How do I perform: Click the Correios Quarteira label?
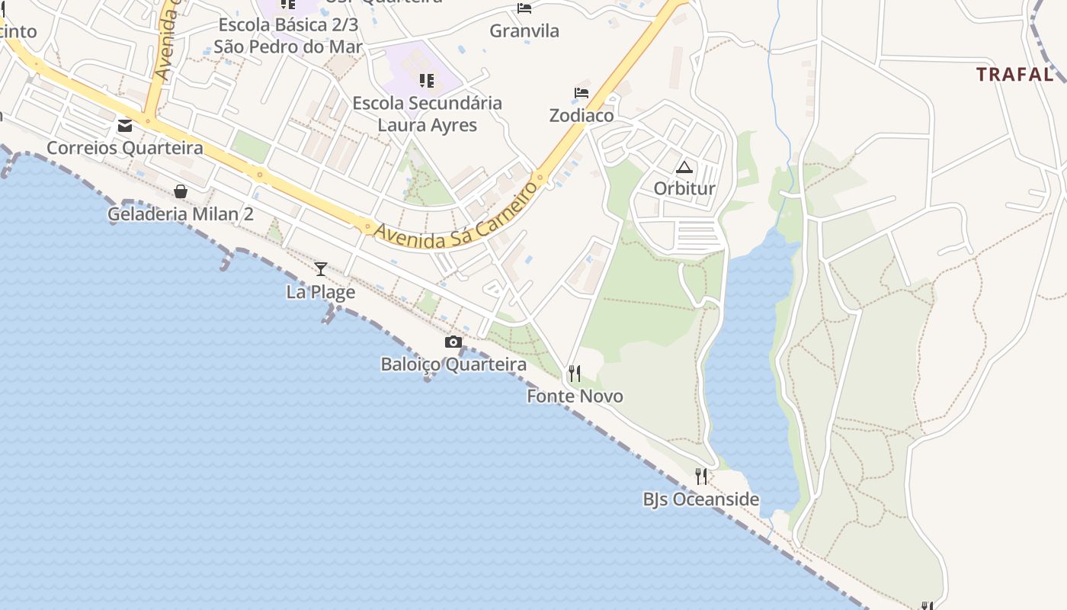pyautogui.click(x=125, y=147)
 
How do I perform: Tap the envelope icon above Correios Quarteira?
pyautogui.click(x=125, y=126)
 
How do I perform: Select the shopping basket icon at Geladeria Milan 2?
pyautogui.click(x=181, y=191)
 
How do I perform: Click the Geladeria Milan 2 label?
pyautogui.click(x=181, y=213)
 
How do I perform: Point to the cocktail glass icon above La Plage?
pyautogui.click(x=321, y=269)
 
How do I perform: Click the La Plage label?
pyautogui.click(x=321, y=291)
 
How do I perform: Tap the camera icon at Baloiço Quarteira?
pyautogui.click(x=453, y=342)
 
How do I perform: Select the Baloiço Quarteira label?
pyautogui.click(x=453, y=364)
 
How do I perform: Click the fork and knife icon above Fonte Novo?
pyautogui.click(x=575, y=374)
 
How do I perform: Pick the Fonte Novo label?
pyautogui.click(x=575, y=396)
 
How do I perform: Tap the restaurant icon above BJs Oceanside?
pyautogui.click(x=701, y=477)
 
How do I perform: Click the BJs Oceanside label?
pyautogui.click(x=701, y=499)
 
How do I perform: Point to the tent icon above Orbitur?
pyautogui.click(x=684, y=167)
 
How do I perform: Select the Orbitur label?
pyautogui.click(x=684, y=188)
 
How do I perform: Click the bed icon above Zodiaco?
pyautogui.click(x=582, y=93)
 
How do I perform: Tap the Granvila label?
pyautogui.click(x=524, y=31)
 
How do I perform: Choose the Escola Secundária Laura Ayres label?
pyautogui.click(x=427, y=114)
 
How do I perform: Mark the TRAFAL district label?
pyautogui.click(x=1014, y=74)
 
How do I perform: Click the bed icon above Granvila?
pyautogui.click(x=524, y=8)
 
